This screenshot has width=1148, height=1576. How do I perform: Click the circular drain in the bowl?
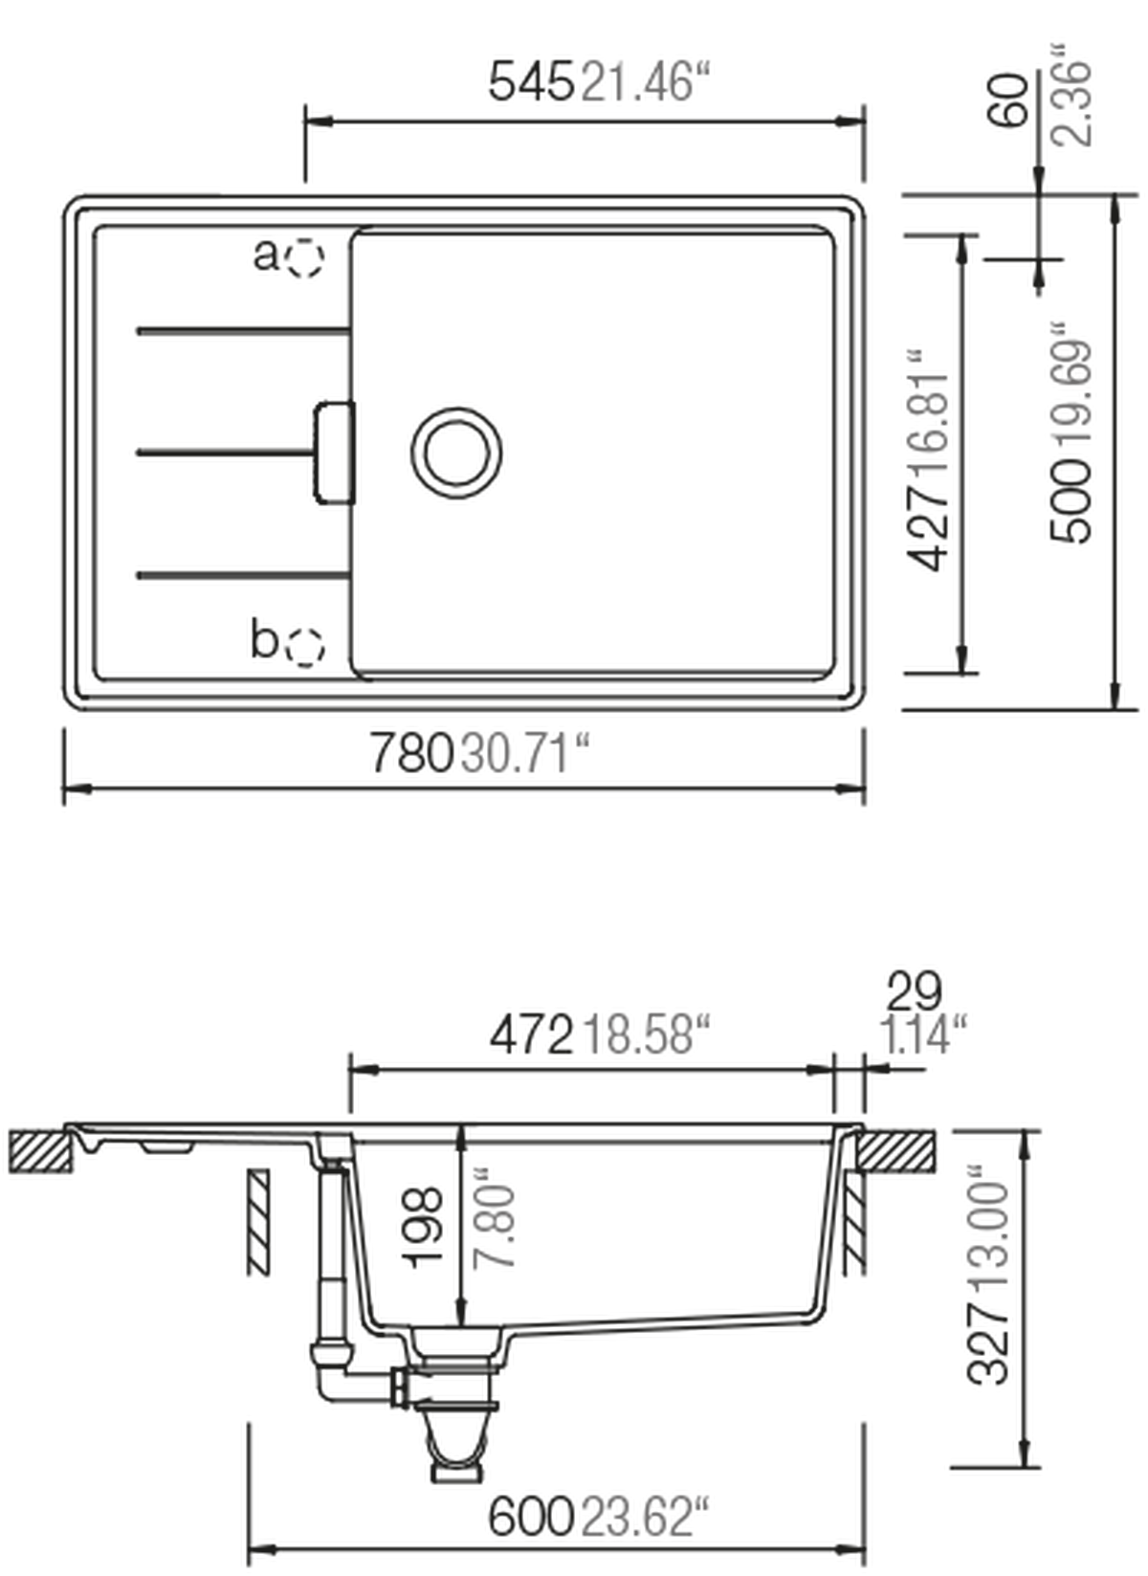[456, 451]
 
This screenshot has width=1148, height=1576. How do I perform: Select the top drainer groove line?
[235, 329]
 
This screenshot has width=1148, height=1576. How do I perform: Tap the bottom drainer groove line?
[235, 576]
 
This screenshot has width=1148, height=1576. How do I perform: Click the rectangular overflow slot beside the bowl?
[330, 450]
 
